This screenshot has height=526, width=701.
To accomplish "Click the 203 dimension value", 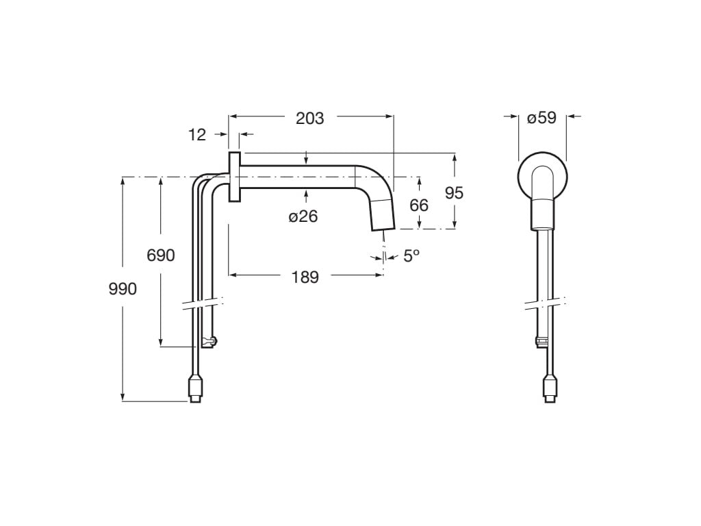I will [309, 118].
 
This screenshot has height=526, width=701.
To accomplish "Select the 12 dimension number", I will [197, 135].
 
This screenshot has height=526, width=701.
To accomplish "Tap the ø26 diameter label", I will [303, 216].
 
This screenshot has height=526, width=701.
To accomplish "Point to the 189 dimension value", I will [305, 277].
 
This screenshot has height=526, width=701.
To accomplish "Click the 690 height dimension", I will [161, 255].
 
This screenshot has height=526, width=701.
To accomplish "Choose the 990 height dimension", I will [123, 288].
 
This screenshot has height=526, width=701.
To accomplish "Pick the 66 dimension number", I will [419, 205].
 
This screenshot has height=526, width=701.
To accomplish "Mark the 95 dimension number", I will [454, 193].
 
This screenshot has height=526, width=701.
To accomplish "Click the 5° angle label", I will [411, 255].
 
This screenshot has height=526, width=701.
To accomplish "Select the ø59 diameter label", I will [541, 118].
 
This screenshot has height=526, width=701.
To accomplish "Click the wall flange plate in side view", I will [234, 177].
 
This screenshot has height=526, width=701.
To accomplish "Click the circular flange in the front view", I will [541, 176].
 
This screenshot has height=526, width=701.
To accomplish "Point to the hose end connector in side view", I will [195, 388].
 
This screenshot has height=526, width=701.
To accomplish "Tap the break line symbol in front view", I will [546, 302].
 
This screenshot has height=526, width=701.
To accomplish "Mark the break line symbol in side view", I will [203, 302].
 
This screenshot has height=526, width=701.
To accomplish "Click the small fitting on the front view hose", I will [542, 342].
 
